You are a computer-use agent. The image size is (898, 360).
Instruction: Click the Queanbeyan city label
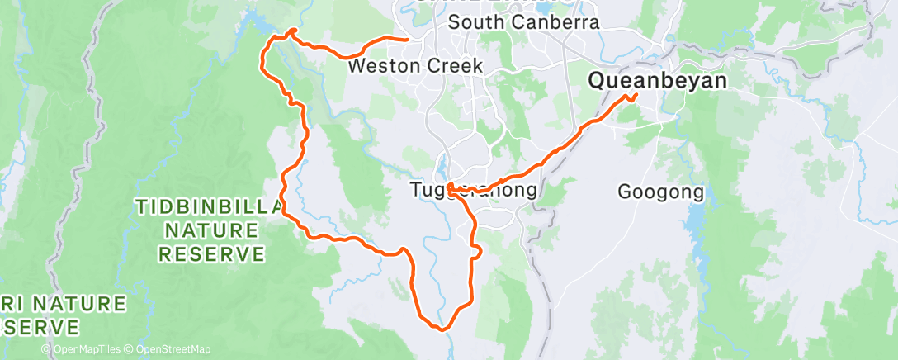657,81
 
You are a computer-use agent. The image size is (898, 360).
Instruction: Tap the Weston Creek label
415,65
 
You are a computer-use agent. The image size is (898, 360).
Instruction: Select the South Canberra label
523,23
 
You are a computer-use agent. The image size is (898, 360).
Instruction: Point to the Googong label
661,192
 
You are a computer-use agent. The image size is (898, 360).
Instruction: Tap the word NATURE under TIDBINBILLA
211,230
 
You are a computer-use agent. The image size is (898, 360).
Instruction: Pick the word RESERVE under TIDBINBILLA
211,253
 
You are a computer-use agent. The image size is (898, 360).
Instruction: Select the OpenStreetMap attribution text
173,350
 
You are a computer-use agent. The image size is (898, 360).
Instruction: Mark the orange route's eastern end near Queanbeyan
637,96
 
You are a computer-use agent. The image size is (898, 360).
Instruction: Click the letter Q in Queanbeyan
596,81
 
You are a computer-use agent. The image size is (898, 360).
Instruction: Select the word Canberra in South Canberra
551,23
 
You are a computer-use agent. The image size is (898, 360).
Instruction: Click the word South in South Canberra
473,23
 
